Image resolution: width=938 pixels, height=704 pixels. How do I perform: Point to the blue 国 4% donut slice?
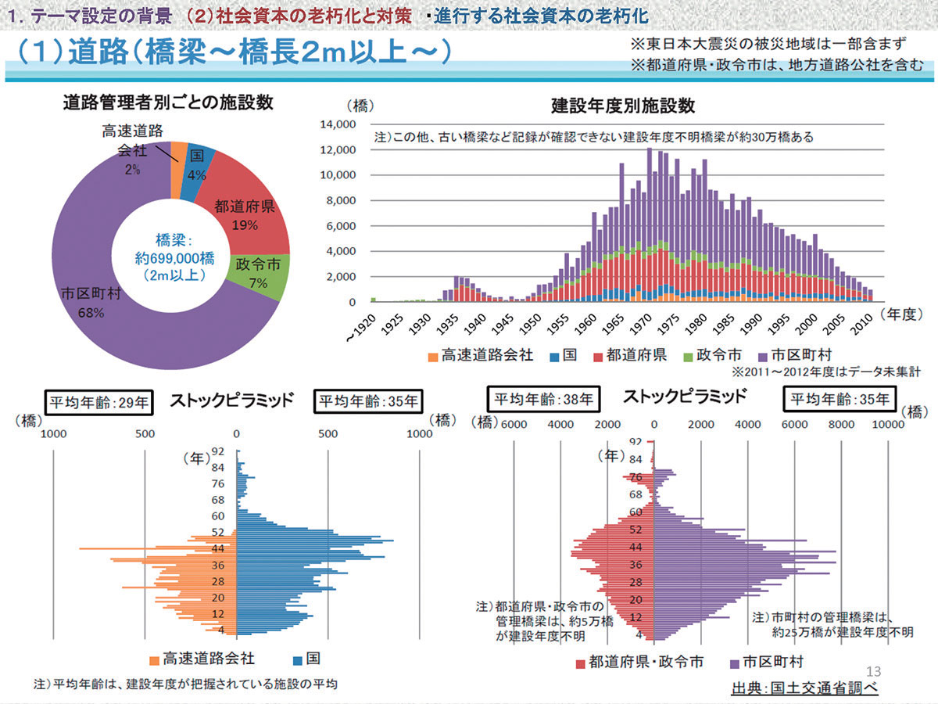(196, 164)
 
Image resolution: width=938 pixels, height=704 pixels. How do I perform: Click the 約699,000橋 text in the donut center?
(170, 258)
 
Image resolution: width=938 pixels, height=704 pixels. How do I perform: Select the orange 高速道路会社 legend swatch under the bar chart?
(433, 355)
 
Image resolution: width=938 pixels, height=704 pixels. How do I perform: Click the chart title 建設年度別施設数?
(622, 106)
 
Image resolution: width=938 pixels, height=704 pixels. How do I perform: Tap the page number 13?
(874, 671)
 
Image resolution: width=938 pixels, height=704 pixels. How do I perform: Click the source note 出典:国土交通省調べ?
(804, 689)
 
